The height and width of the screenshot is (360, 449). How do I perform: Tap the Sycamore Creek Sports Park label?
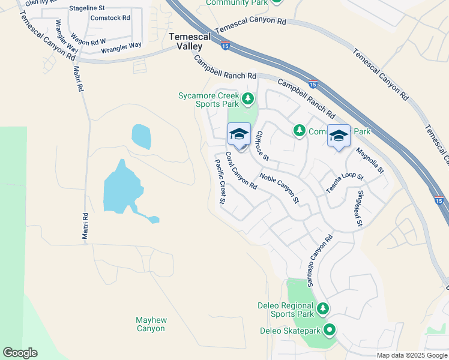(x=209, y=99)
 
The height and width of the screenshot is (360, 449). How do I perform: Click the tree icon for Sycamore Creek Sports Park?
(x=247, y=97)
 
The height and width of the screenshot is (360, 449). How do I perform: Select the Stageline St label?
(x=88, y=8)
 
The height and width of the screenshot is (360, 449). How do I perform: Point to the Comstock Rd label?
(x=110, y=18)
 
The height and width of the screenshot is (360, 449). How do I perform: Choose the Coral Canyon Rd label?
(x=241, y=171)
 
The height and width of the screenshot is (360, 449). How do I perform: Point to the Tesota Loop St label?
(x=345, y=181)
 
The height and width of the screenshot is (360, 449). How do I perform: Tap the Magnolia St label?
(x=369, y=161)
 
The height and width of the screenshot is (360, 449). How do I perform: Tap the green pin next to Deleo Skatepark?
(x=329, y=329)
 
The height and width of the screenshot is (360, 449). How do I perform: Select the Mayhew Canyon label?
(x=151, y=324)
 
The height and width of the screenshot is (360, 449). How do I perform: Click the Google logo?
(x=20, y=353)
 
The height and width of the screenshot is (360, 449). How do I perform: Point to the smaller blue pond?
(x=141, y=136)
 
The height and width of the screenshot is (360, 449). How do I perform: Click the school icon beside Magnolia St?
(x=339, y=137)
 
